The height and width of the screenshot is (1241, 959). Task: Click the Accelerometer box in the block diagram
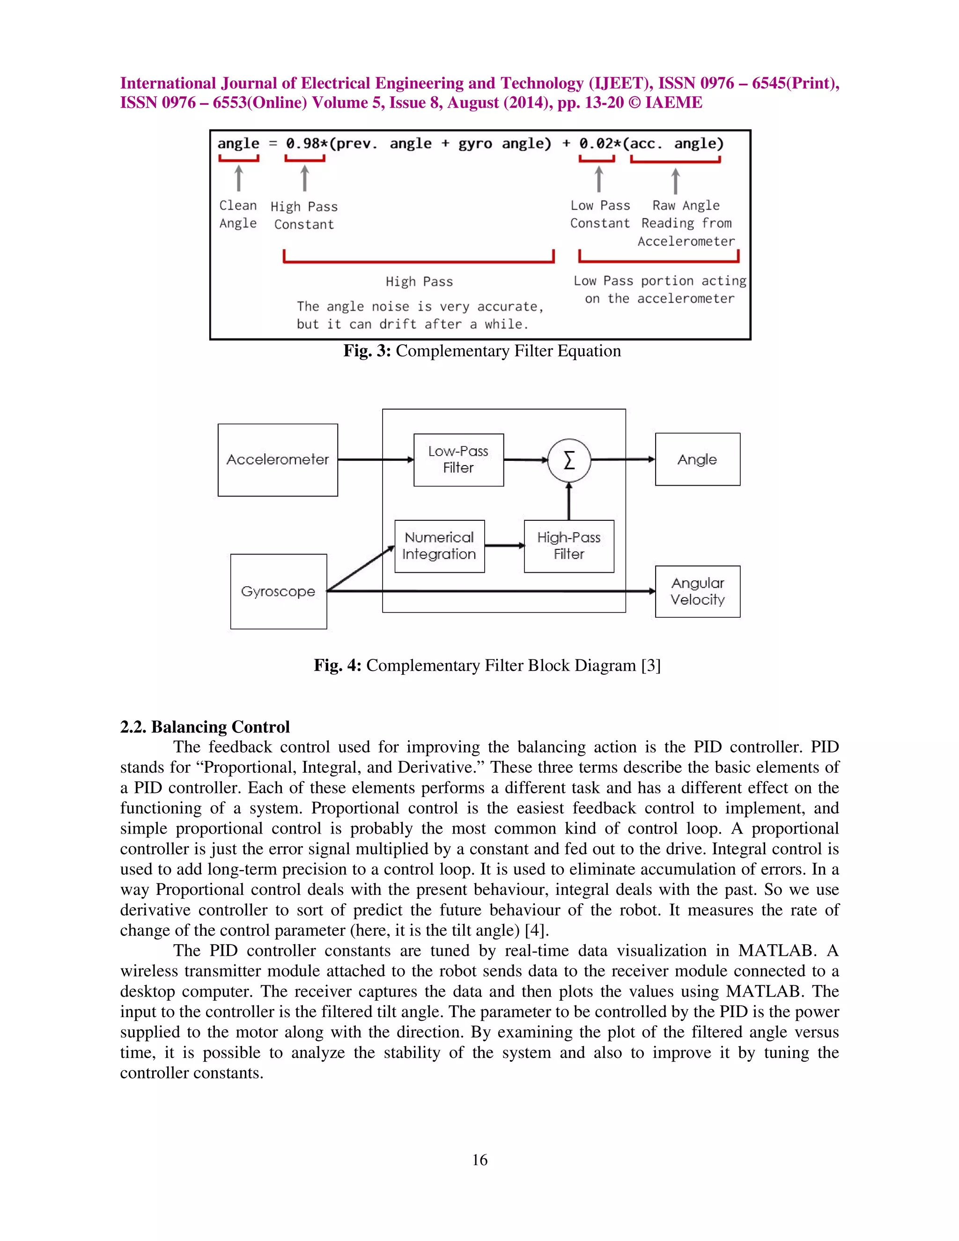[x=277, y=460]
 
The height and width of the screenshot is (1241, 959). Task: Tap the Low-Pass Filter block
[x=458, y=460]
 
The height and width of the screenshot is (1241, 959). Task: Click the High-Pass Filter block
[x=568, y=546]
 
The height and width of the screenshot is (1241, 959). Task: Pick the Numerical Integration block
[x=439, y=546]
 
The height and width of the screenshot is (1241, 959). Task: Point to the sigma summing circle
[x=568, y=460]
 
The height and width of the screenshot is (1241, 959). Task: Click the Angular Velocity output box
[x=697, y=591]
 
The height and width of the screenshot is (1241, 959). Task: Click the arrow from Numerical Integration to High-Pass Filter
[x=504, y=546]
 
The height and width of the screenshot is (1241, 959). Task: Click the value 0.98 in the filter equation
[x=303, y=144]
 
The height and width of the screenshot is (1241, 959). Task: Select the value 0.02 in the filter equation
[x=596, y=144]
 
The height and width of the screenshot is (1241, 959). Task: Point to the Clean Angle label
[x=238, y=214]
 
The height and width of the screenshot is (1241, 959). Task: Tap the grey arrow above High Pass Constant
[x=304, y=178]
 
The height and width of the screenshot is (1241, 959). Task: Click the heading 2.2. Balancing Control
[x=205, y=727]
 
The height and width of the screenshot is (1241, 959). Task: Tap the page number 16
[x=479, y=1160]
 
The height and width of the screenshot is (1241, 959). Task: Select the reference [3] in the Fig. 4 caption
[x=650, y=665]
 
